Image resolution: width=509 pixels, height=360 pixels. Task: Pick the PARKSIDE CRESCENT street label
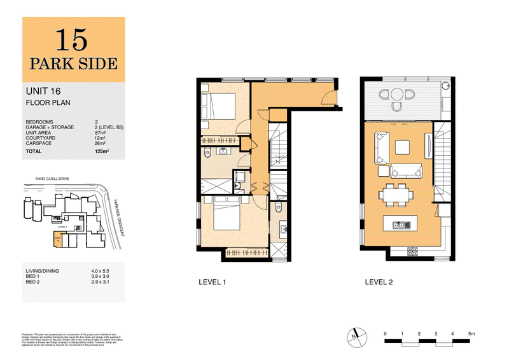pos(116,216)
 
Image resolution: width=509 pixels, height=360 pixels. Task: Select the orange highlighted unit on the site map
pos(58,240)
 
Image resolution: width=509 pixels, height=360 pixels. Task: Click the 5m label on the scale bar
pos(470,333)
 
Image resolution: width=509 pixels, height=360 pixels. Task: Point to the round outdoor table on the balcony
pos(397,96)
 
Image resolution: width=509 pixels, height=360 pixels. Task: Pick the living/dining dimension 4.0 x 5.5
pos(101,272)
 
